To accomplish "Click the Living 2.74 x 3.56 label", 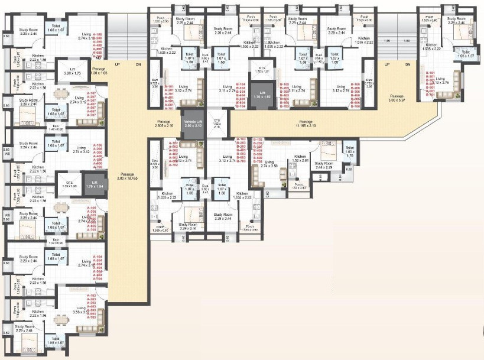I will [274, 164].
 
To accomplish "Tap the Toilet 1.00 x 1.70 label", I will [349, 150].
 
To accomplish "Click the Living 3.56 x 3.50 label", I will [80, 308].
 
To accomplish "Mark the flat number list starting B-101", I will [430, 82].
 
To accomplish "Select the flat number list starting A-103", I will [92, 306].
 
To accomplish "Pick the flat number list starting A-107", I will [92, 104].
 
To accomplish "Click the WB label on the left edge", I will [7, 216].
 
